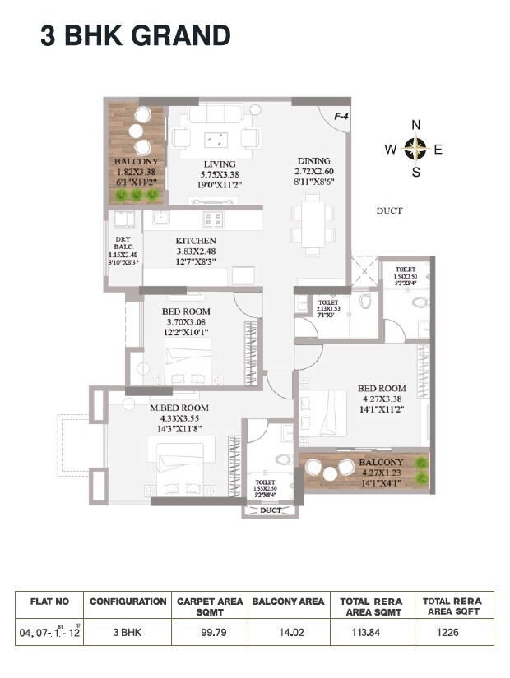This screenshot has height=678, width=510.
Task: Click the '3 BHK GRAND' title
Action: (136, 36)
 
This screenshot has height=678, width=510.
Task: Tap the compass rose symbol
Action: (416, 149)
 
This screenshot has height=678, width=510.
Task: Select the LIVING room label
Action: (220, 164)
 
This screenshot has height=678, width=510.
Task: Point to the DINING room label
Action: (313, 161)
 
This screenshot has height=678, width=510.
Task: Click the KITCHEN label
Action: (197, 241)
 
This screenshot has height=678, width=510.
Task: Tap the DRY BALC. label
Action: (123, 244)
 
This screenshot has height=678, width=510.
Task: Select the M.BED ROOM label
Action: (178, 408)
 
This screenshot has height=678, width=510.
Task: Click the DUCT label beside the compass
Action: (389, 211)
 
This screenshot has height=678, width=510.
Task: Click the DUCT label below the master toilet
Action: (270, 510)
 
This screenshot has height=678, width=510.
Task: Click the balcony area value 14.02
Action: (288, 632)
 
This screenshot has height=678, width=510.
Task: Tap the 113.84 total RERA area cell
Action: (371, 632)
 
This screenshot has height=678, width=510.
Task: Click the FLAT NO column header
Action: (49, 602)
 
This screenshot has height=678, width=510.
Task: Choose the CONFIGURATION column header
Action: (128, 602)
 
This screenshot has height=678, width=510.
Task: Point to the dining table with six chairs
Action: (313, 220)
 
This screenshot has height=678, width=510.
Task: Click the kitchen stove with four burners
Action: (213, 219)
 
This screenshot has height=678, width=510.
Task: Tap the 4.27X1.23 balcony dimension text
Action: (381, 473)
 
